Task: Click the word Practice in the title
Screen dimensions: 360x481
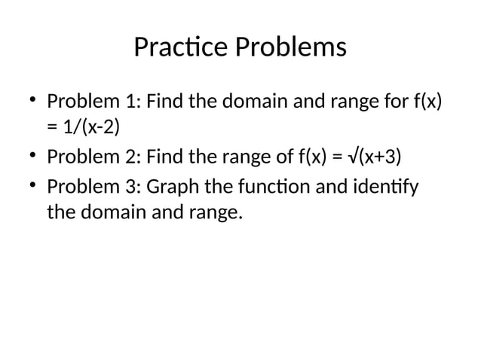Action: click(182, 47)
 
